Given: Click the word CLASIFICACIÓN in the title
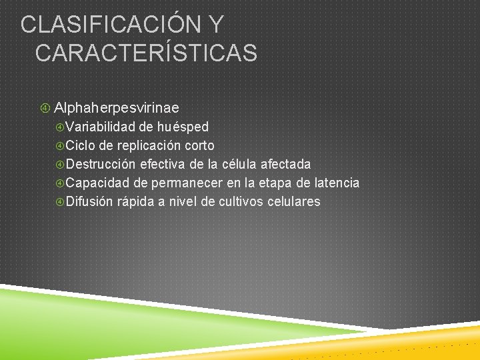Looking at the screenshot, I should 110,25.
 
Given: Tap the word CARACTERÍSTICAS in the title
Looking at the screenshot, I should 146,53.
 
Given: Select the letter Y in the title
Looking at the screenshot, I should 215,25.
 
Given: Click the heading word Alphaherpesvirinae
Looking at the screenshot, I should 116,107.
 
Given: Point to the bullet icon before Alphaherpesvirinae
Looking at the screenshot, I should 45,107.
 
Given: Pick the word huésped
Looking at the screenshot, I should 183,127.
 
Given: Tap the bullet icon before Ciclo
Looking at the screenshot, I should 59,145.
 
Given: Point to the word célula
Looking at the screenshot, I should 238,164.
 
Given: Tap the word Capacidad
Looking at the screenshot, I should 98,183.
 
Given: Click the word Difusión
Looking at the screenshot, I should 91,201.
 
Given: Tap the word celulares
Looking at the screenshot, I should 293,201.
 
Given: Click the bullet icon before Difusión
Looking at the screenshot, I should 59,201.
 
